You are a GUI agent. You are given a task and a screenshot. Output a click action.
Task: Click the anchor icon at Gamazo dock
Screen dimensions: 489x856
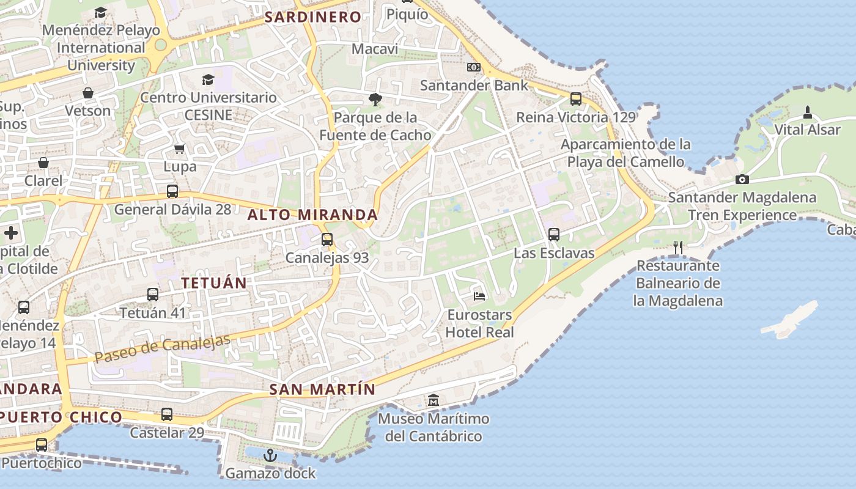tap(270, 455)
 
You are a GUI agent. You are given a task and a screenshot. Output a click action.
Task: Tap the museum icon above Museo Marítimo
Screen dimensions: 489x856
tap(434, 400)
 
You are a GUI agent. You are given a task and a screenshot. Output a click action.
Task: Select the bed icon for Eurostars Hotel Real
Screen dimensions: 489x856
tap(480, 296)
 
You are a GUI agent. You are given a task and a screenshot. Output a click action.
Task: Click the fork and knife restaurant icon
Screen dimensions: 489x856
tap(677, 247)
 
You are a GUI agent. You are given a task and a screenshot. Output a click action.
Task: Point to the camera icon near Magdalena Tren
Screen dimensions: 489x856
tap(742, 179)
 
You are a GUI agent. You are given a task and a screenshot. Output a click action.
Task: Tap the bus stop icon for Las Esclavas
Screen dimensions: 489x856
tap(554, 234)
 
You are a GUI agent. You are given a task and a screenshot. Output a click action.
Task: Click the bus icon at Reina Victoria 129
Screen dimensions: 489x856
tap(576, 98)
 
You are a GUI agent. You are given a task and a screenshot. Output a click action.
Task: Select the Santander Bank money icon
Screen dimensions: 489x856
tap(474, 67)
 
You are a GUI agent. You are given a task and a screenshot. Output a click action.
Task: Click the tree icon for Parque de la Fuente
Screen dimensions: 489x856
tap(375, 99)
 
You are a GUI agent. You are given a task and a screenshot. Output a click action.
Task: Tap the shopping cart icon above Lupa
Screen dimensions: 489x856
tap(180, 149)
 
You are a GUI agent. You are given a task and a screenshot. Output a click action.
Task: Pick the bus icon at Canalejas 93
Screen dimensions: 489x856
tap(327, 239)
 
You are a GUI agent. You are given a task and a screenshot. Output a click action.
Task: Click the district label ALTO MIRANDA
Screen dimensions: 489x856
tap(312, 215)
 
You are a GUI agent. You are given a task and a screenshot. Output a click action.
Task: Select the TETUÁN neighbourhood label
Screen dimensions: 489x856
tap(214, 283)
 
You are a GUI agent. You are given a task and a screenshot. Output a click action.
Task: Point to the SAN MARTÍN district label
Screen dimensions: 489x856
tap(322, 389)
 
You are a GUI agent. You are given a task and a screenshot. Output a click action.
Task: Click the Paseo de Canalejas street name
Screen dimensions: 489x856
tap(163, 348)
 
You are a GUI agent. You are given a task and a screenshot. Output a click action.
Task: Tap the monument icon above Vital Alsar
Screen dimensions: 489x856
tap(808, 112)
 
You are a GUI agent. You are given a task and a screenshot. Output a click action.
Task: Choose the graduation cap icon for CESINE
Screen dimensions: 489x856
tap(208, 79)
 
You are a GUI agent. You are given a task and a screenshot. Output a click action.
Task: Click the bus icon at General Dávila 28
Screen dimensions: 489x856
tap(172, 191)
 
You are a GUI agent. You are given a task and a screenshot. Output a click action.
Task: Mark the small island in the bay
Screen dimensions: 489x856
tap(790, 319)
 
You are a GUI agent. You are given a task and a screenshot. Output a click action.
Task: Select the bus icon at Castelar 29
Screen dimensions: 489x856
tap(167, 414)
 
